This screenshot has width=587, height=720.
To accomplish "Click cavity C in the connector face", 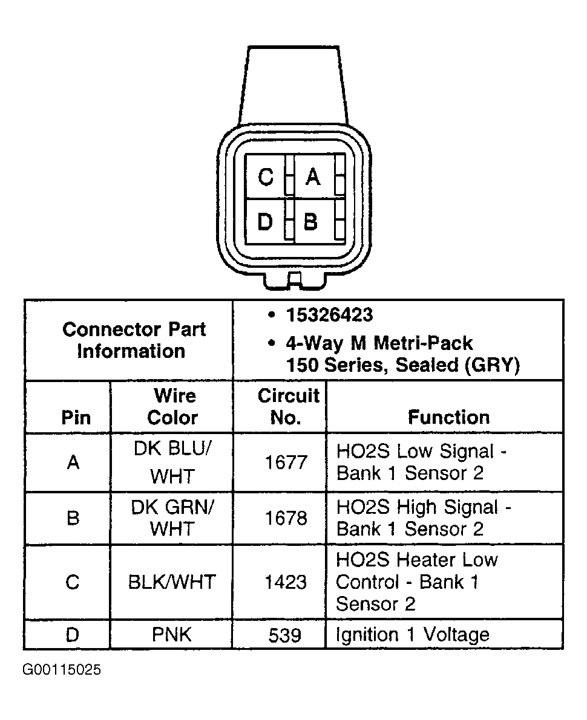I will (x=266, y=177).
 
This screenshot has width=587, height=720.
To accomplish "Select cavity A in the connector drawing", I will (x=312, y=177).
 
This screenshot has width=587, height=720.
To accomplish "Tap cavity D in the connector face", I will (x=266, y=222).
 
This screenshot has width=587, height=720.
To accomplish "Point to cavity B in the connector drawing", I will (x=311, y=222).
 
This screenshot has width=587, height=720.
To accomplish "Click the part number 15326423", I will (x=329, y=316).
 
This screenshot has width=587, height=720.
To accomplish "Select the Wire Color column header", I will (x=172, y=407).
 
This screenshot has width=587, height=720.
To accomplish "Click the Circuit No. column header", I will (x=287, y=407).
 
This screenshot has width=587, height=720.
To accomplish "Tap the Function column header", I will (x=448, y=417).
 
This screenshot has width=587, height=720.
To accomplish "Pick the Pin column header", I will (x=76, y=417).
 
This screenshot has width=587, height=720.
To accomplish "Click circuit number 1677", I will (x=286, y=463).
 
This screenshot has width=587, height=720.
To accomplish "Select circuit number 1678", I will (x=286, y=518).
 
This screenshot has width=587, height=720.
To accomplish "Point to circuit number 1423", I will (x=286, y=582).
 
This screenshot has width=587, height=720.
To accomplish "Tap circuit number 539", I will (x=286, y=635).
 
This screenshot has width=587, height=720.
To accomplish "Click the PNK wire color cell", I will (x=172, y=635).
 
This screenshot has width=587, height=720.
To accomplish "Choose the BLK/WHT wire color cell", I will (x=172, y=582).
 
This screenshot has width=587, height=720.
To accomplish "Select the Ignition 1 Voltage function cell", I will (x=412, y=635).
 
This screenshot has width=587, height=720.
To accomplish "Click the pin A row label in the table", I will (x=73, y=463).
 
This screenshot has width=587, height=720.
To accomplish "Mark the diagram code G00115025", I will (x=62, y=670).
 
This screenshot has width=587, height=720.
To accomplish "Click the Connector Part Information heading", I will (x=134, y=340).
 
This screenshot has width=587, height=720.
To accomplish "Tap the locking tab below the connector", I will (x=294, y=280).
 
